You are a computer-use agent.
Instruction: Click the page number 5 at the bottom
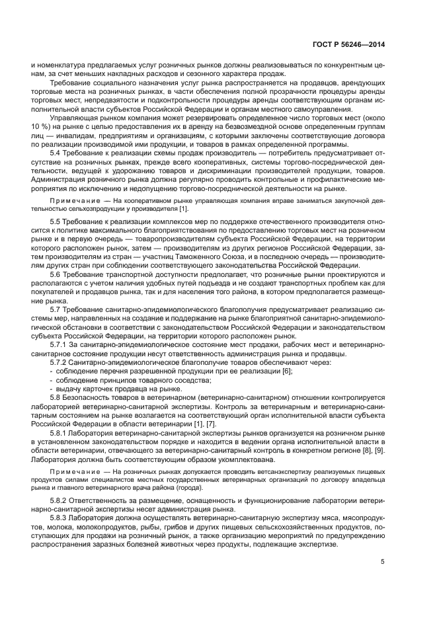[x=382, y=562]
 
